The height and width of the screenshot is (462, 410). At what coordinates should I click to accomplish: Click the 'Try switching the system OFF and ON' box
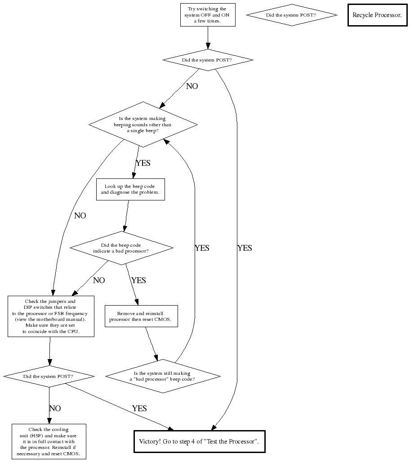point(207,15)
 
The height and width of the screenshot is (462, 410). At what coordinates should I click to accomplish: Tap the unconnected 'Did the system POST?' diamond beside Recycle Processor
point(291,15)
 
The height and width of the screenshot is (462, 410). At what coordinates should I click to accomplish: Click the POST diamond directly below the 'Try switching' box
point(207,60)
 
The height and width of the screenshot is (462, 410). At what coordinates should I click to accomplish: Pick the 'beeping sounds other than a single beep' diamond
point(143,124)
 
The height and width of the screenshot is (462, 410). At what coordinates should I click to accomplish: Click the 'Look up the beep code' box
point(130,189)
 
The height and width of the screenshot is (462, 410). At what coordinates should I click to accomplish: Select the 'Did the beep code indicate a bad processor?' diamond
point(121,248)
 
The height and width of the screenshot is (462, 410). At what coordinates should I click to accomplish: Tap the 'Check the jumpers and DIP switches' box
point(51,316)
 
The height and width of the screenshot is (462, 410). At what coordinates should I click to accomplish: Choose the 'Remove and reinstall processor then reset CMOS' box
point(141,316)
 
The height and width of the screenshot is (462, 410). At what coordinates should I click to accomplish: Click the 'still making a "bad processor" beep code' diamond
point(163,376)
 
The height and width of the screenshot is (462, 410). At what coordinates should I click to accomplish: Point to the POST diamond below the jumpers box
point(49,376)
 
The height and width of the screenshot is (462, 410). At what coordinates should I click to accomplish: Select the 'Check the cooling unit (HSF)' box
point(49,441)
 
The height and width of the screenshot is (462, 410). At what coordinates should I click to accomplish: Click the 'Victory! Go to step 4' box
point(199,441)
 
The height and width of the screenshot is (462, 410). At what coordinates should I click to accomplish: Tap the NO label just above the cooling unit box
point(55,409)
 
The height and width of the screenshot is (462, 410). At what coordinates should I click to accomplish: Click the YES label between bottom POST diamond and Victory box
point(139,409)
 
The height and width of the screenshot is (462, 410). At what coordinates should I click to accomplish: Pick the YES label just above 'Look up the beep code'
point(143,163)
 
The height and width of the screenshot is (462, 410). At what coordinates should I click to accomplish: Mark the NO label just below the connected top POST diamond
point(192,86)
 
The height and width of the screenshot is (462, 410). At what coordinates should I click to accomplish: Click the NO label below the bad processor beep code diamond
point(99,280)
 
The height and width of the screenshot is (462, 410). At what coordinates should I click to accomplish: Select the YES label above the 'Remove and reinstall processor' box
point(138,280)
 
